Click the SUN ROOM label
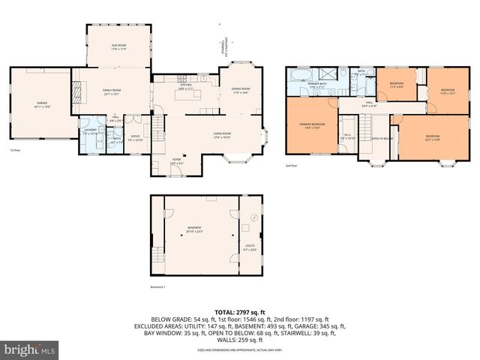(118, 46)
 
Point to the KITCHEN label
(185, 85)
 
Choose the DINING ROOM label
(241, 90)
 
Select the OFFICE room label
(136, 116)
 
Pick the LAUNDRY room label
(89, 130)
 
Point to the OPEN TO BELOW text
(382, 139)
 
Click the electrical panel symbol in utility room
(253, 218)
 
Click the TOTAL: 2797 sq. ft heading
(240, 312)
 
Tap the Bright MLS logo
(30, 349)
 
